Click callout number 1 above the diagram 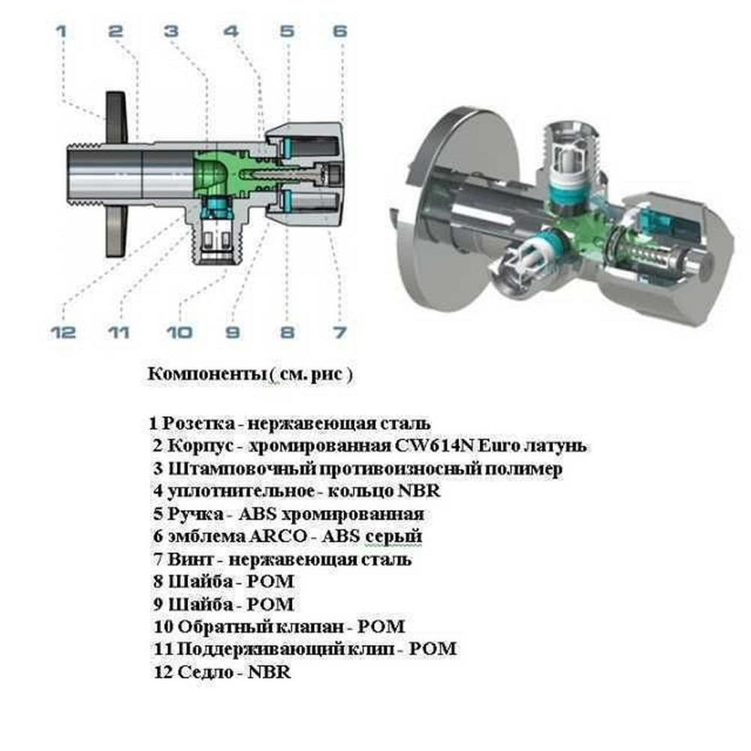pyautogui.click(x=62, y=32)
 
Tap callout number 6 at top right pyautogui.click(x=339, y=32)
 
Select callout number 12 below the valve pyautogui.click(x=65, y=331)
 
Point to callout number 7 pyautogui.click(x=339, y=331)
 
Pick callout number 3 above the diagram pyautogui.click(x=171, y=32)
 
